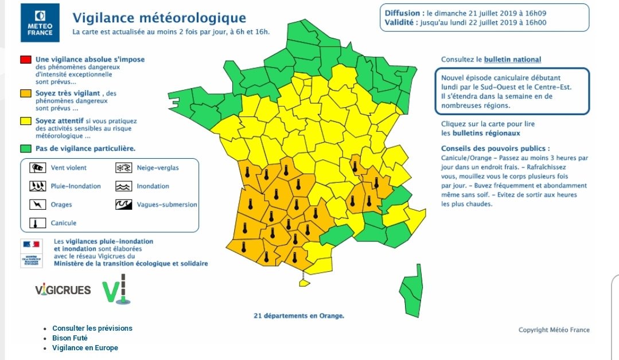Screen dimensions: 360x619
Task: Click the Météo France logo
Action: (40, 23)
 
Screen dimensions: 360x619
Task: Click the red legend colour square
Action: (25, 60)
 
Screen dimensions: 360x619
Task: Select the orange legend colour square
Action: (25, 93)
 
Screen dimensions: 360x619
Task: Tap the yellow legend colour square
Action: (25, 121)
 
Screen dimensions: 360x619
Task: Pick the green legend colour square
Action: (25, 148)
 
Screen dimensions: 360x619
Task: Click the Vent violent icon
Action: (38, 168)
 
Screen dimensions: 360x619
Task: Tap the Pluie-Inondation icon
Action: (38, 186)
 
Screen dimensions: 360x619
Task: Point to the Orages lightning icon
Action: (38, 205)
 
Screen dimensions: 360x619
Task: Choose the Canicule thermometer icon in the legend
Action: (38, 223)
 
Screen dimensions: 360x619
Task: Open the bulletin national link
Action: (512, 60)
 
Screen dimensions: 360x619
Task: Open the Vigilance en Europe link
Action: (85, 348)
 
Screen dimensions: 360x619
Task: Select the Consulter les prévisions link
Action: (92, 328)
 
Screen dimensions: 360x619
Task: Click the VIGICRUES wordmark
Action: (63, 290)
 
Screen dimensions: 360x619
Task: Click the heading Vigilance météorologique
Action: (159, 18)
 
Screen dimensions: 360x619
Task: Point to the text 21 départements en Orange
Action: (299, 315)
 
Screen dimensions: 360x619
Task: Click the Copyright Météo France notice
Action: (554, 330)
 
